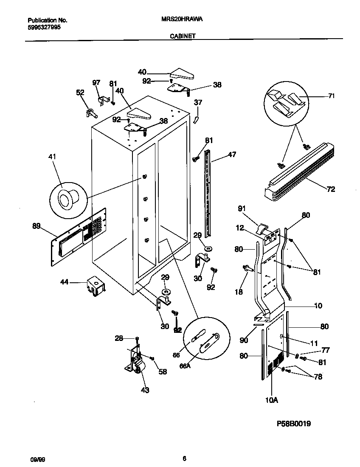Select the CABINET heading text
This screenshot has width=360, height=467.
pyautogui.click(x=183, y=37)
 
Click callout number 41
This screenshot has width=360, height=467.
pyautogui.click(x=52, y=157)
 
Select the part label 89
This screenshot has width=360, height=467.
pyautogui.click(x=36, y=226)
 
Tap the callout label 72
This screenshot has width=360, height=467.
pyautogui.click(x=331, y=189)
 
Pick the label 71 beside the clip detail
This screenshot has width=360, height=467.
pyautogui.click(x=331, y=96)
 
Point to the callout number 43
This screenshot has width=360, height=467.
pyautogui.click(x=145, y=390)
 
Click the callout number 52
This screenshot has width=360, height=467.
pyautogui.click(x=79, y=92)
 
